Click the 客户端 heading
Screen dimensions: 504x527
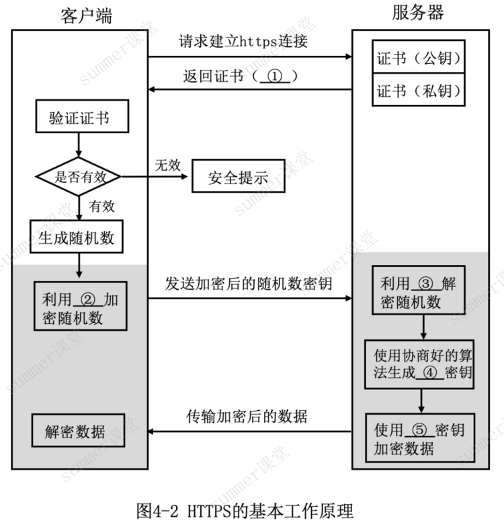click(86, 16)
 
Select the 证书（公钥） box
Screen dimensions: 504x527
click(418, 56)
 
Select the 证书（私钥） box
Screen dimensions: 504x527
click(418, 90)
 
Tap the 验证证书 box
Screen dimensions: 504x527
click(82, 116)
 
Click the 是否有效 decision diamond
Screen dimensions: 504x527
click(79, 176)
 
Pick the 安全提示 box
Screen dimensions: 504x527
click(238, 176)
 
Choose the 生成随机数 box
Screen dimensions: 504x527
click(77, 237)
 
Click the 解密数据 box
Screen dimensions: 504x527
click(78, 430)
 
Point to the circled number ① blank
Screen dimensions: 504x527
click(275, 77)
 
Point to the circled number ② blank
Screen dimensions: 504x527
click(88, 299)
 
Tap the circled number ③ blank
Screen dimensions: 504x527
click(426, 284)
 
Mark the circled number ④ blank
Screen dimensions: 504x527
click(430, 372)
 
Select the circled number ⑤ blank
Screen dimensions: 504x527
click(419, 430)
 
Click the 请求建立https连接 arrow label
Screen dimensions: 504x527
click(243, 42)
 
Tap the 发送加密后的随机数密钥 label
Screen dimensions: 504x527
click(249, 284)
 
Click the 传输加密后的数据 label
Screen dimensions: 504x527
click(247, 417)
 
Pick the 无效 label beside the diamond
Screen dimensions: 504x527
click(168, 165)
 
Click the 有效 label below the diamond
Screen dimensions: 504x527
click(102, 206)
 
